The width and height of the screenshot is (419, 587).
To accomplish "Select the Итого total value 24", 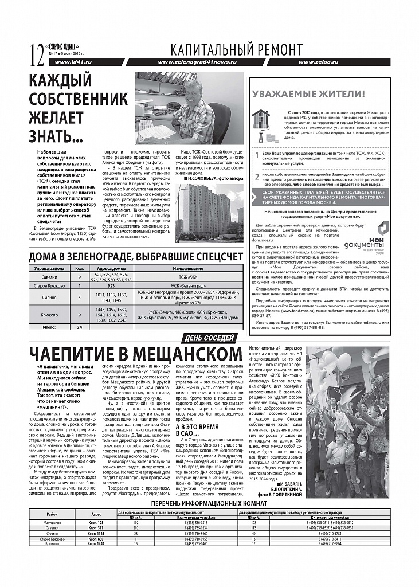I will point(80,327).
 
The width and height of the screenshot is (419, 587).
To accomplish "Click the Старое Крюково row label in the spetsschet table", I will point(48,285).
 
